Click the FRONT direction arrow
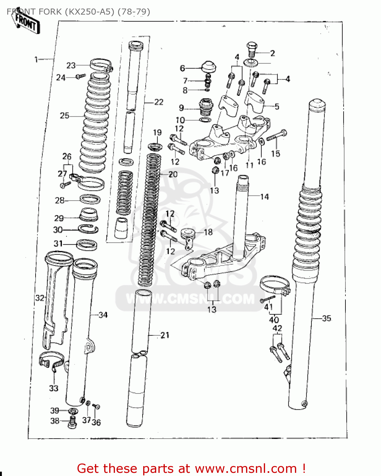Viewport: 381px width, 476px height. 25,22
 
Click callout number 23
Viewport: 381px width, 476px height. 71,65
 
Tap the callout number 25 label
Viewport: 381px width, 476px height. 64,116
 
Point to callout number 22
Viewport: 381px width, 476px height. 159,102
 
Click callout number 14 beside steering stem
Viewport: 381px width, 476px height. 264,197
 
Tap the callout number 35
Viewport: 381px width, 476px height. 326,318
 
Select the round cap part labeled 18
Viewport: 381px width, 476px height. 189,234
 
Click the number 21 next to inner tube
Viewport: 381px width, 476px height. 165,335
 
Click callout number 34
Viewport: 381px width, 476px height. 103,315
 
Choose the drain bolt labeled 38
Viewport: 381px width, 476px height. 73,422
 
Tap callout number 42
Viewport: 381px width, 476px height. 277,328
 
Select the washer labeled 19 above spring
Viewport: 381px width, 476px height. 155,147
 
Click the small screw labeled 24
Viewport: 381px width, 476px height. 81,76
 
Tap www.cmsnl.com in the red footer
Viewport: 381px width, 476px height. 245,468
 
